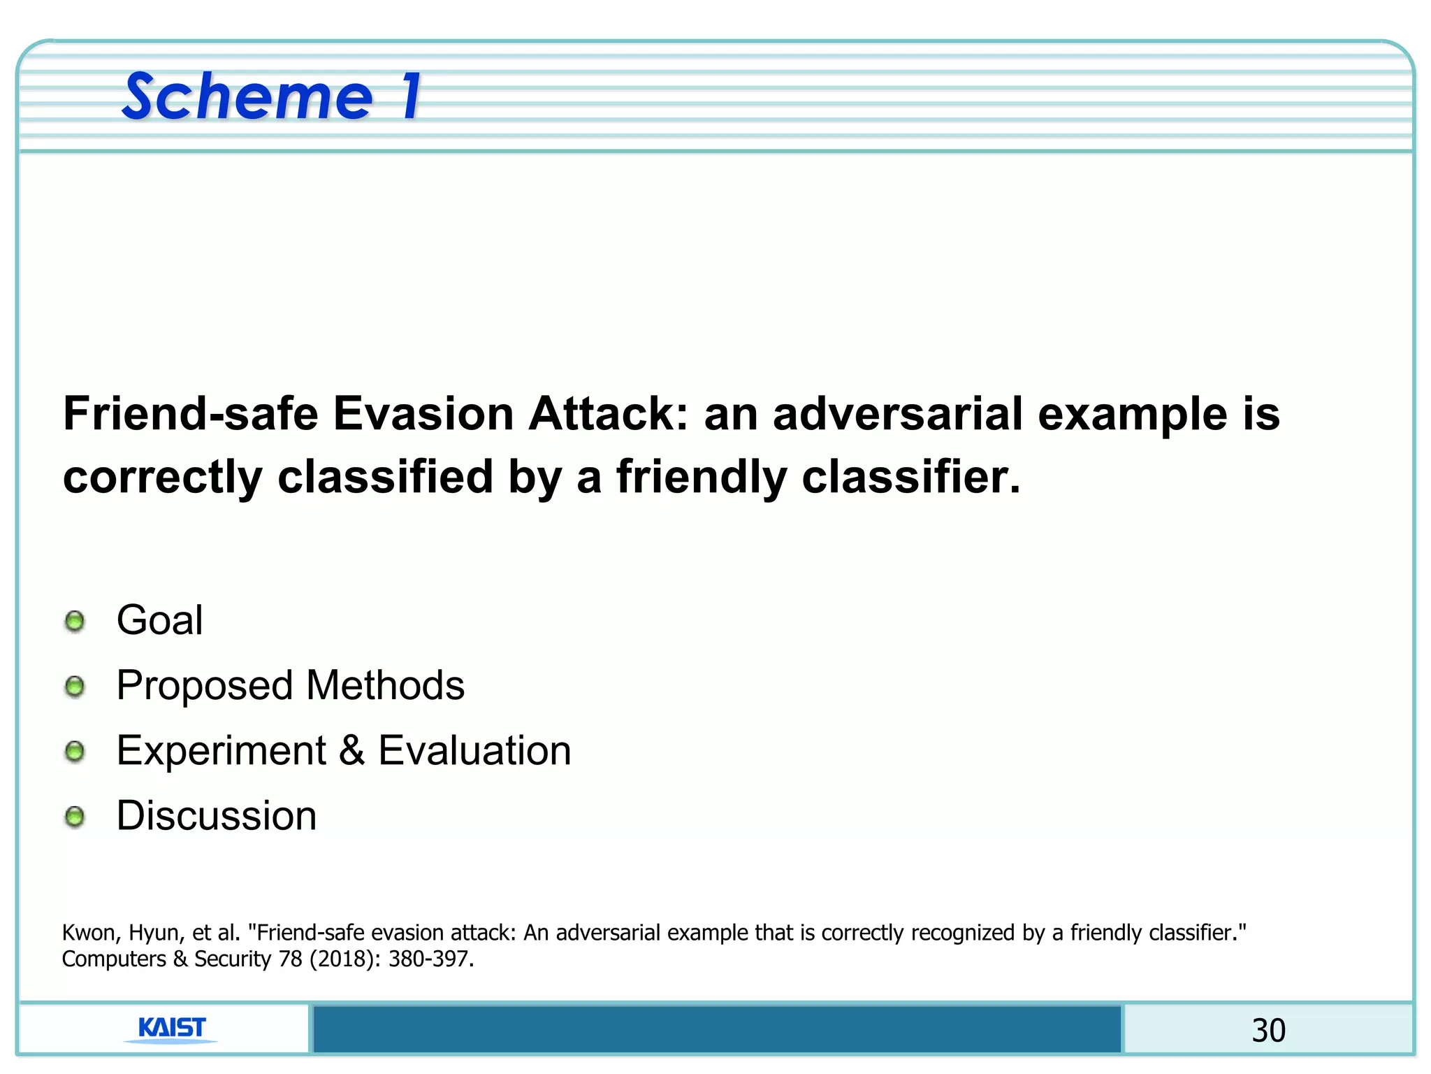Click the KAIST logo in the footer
tap(172, 1029)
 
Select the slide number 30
tap(1268, 1031)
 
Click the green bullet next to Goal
tap(75, 621)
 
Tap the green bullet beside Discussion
tap(75, 816)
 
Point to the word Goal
tap(160, 620)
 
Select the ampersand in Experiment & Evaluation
tap(352, 751)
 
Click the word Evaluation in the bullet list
tap(474, 751)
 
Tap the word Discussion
tap(217, 816)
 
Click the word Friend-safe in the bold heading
tap(191, 414)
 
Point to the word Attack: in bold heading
tap(609, 414)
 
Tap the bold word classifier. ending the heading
tap(911, 478)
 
